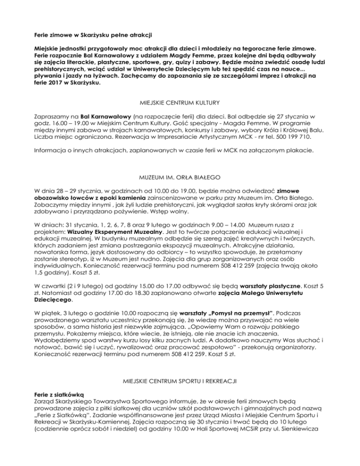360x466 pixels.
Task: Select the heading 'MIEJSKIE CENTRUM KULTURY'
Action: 180,101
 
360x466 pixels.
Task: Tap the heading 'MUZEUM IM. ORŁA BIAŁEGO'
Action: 180,179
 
